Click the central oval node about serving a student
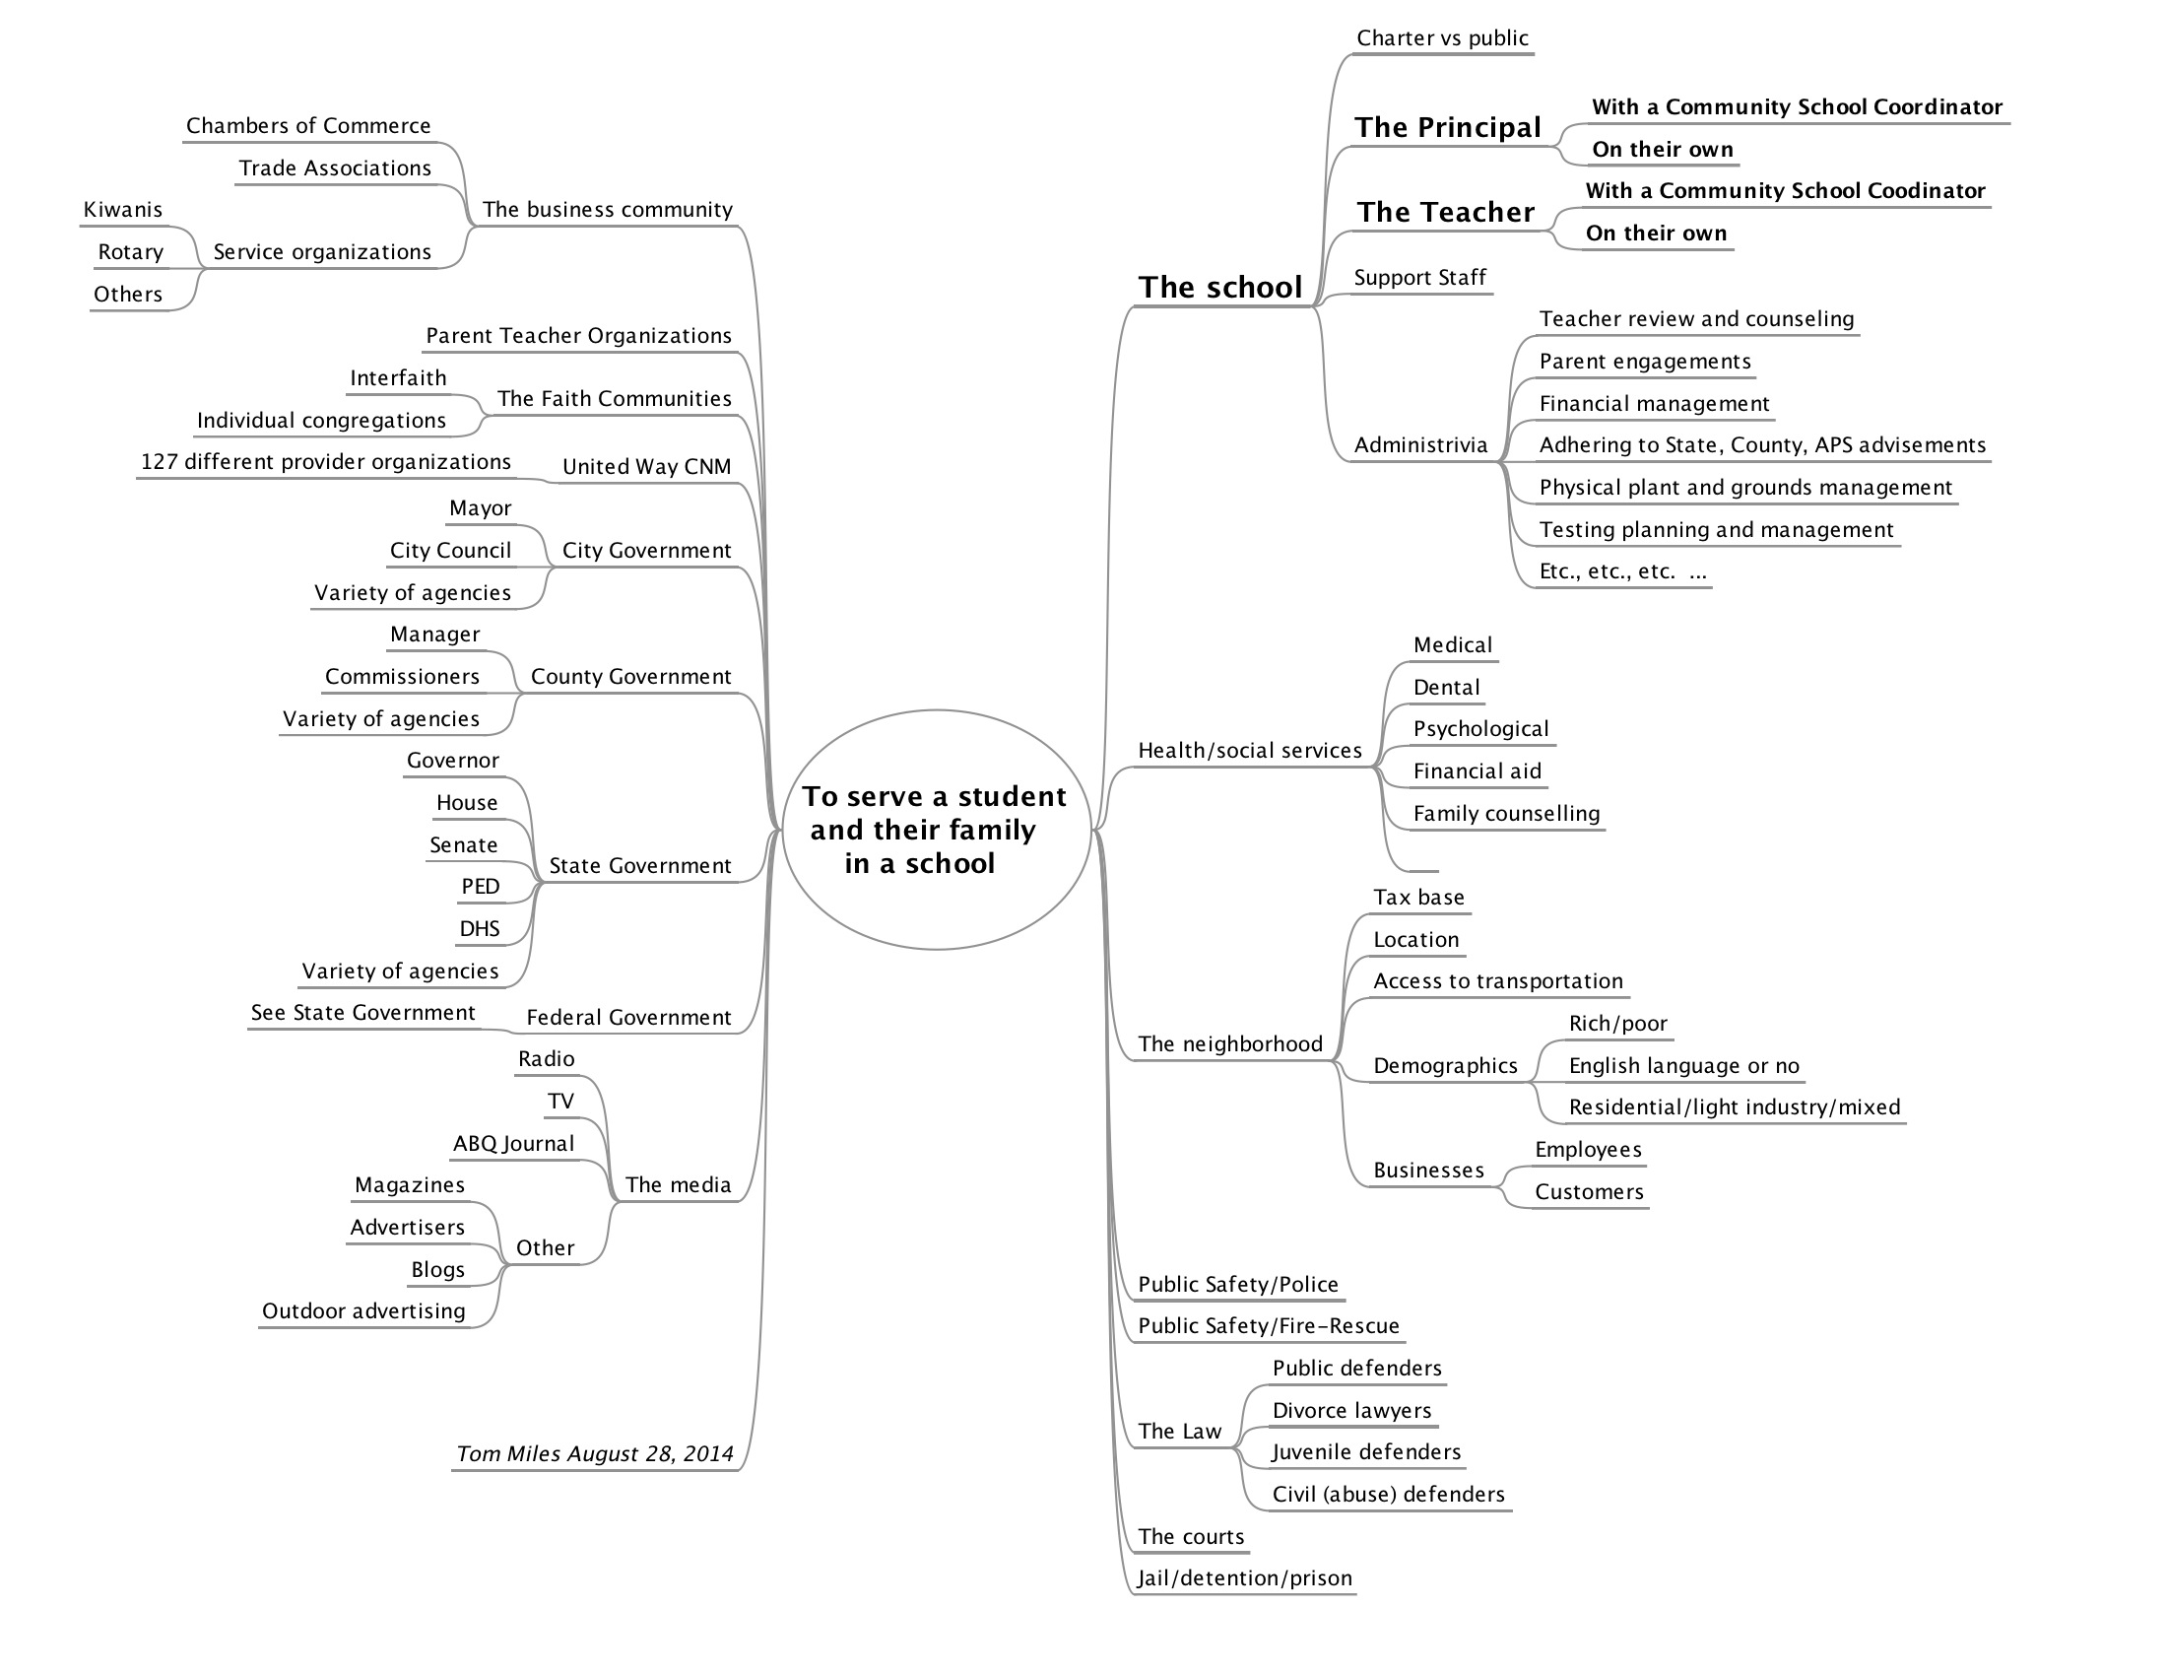(x=937, y=830)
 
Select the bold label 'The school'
(x=1219, y=288)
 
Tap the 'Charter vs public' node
(x=1442, y=37)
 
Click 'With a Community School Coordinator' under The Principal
(x=1797, y=107)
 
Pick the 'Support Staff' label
(x=1419, y=278)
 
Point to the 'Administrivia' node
(x=1420, y=444)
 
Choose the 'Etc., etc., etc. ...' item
(x=1622, y=571)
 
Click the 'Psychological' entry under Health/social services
(x=1480, y=729)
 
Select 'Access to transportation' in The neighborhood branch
(x=1498, y=981)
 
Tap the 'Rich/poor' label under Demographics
(x=1617, y=1024)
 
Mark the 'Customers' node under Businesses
(x=1589, y=1192)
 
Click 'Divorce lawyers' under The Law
(x=1351, y=1411)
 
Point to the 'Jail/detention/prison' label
(x=1244, y=1577)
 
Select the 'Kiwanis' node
(x=123, y=209)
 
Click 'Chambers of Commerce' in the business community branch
(x=308, y=126)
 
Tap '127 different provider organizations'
(x=325, y=462)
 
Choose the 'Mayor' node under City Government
(x=481, y=509)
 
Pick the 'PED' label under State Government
(x=481, y=886)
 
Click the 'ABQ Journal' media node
(x=514, y=1144)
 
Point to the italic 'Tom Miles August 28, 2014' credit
(x=594, y=1454)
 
